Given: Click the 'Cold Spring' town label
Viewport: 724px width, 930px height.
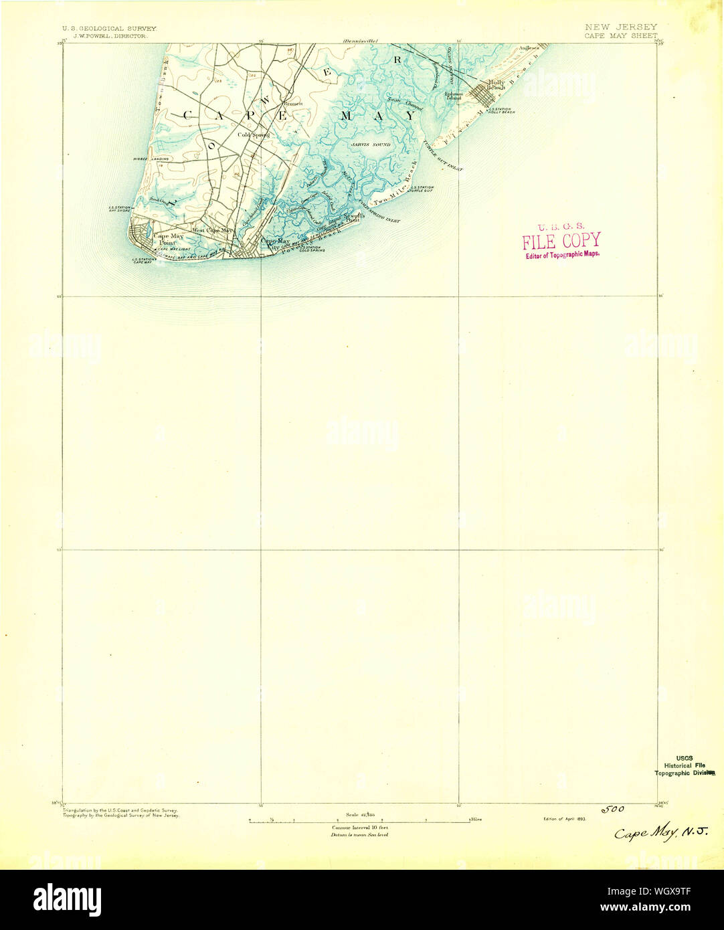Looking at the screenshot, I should click(x=254, y=134).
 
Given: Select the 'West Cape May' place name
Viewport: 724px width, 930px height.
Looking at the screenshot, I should click(x=211, y=231).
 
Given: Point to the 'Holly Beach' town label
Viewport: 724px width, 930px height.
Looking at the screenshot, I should click(x=496, y=85).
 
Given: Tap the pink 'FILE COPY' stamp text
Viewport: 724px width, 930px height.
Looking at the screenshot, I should click(x=561, y=241).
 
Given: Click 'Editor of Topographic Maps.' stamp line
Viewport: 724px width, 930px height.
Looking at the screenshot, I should click(x=562, y=254).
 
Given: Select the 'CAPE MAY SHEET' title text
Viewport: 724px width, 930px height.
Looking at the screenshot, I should click(x=620, y=35).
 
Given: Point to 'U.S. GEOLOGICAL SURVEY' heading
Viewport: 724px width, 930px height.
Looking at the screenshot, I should click(x=109, y=29).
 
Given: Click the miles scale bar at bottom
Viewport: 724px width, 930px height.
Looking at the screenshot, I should click(x=360, y=820).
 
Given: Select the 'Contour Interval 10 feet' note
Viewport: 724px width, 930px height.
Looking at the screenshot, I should click(x=360, y=828).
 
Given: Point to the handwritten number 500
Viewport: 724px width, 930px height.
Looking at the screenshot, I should click(x=612, y=810).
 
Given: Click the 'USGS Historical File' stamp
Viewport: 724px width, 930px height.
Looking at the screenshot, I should click(x=683, y=765).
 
